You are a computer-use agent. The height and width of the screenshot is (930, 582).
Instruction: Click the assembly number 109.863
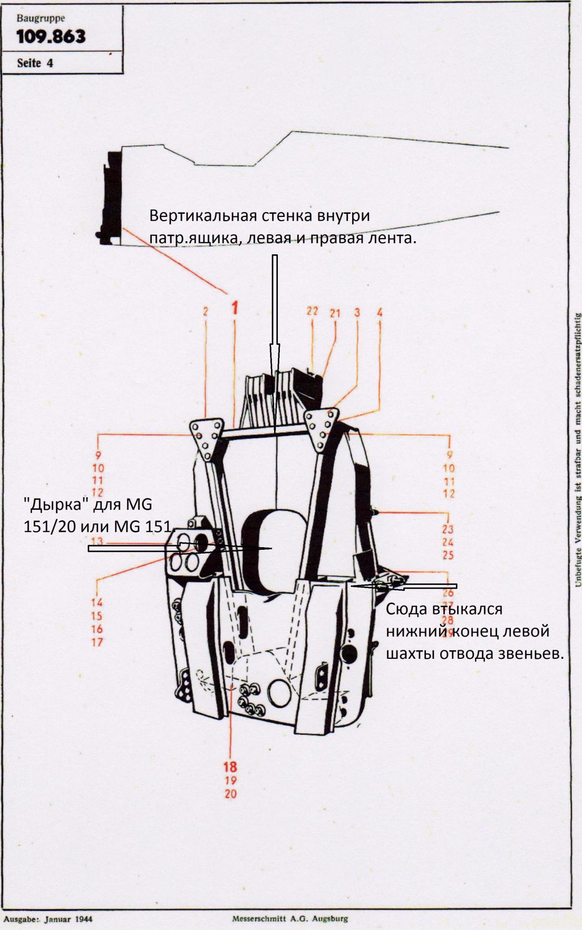51,37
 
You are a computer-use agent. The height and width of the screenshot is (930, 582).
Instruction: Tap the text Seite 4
35,63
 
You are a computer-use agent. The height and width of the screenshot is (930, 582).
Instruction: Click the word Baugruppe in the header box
41,18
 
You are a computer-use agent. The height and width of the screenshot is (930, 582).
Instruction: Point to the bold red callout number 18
230,767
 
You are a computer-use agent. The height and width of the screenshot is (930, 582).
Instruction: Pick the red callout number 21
335,313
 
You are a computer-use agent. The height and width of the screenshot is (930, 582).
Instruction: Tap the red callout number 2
206,311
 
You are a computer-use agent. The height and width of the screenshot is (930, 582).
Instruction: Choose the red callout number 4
380,313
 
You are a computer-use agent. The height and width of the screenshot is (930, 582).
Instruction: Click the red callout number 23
448,529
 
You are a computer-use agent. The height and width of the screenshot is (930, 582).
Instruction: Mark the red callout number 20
230,794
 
